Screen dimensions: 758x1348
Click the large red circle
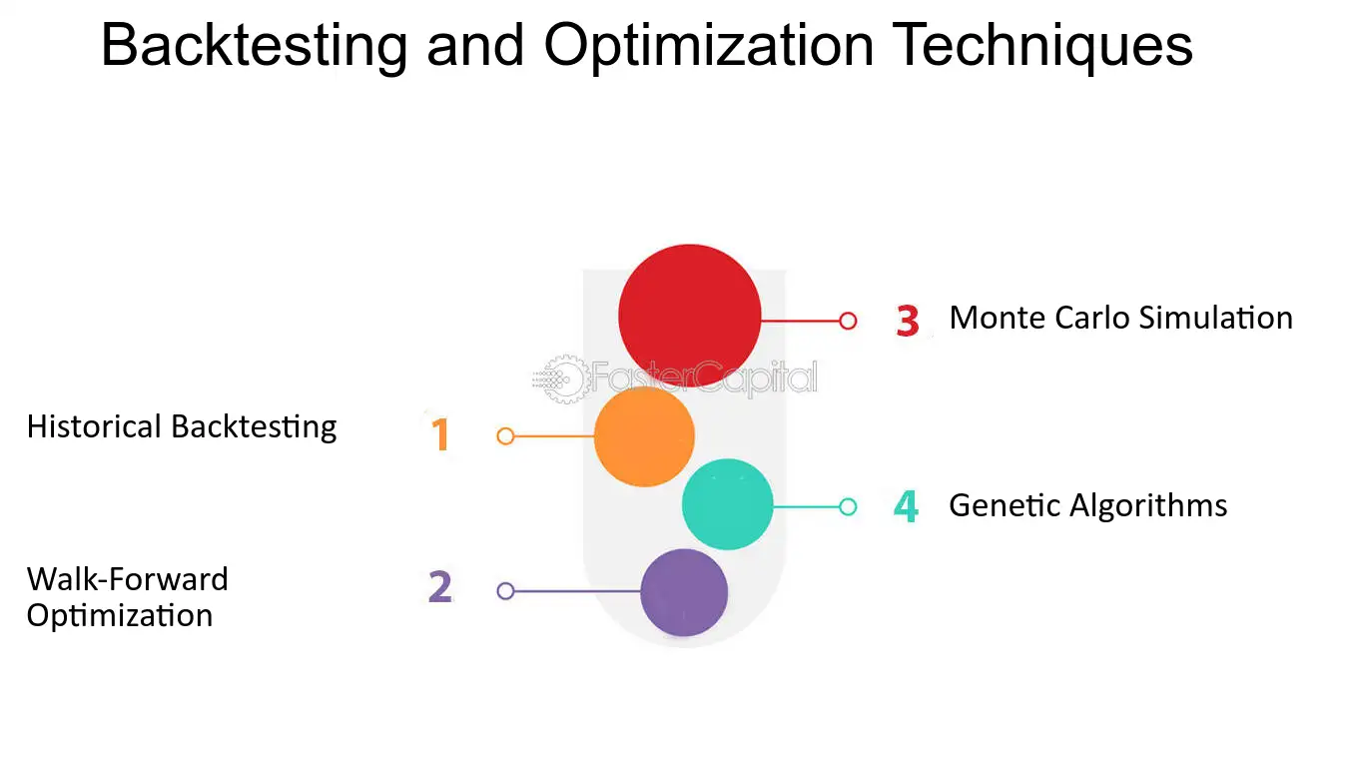(x=689, y=316)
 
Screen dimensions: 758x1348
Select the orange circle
(x=644, y=436)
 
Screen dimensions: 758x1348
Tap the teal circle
(x=727, y=504)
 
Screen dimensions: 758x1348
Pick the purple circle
(x=684, y=592)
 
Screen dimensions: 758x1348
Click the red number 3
(x=907, y=322)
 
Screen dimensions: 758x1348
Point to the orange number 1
(x=440, y=435)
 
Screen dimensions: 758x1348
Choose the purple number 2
(x=440, y=587)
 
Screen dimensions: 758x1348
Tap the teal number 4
(x=906, y=506)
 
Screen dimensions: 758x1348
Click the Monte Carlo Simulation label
(x=1120, y=318)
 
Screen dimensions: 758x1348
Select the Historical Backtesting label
(x=182, y=426)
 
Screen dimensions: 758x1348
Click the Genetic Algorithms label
(x=1087, y=505)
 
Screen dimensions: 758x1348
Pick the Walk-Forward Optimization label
(x=127, y=596)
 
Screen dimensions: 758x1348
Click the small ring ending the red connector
(x=848, y=321)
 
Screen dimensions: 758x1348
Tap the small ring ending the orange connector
(x=505, y=435)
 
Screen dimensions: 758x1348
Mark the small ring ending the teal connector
(x=848, y=506)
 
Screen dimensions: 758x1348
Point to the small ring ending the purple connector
(x=505, y=590)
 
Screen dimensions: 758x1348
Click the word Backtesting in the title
(x=255, y=45)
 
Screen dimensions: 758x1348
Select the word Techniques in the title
(x=1041, y=45)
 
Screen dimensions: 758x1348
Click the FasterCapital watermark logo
(x=675, y=379)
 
